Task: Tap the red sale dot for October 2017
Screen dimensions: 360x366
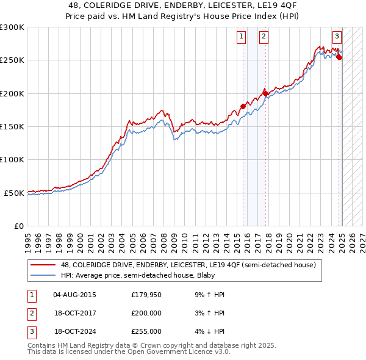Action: (265, 93)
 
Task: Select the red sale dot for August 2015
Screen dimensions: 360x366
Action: (243, 106)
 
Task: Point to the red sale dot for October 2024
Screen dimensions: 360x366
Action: (340, 58)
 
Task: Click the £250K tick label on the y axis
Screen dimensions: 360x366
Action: (12, 60)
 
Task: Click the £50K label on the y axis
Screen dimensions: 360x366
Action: (14, 193)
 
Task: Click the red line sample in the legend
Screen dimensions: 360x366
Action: (42, 265)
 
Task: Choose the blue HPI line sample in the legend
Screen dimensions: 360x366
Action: (42, 275)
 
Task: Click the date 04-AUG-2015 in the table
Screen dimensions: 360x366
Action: (74, 295)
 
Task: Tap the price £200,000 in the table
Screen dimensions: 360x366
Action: (146, 313)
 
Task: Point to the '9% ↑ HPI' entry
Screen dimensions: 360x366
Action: (210, 295)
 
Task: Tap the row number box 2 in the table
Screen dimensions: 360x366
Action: (31, 313)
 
